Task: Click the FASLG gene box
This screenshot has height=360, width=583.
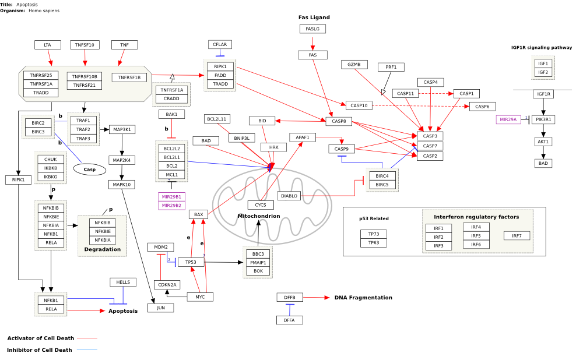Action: [x=312, y=29]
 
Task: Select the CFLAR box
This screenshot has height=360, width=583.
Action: [x=220, y=44]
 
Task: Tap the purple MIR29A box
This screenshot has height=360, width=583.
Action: [x=508, y=119]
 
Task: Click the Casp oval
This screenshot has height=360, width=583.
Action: [x=90, y=170]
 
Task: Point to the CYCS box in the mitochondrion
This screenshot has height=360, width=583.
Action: [x=261, y=205]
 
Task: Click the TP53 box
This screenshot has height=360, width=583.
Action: [x=191, y=262]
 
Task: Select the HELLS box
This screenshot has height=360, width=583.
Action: [x=123, y=282]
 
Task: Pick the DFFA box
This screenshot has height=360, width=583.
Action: [x=289, y=320]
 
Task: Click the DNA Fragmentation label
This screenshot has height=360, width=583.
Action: [x=363, y=298]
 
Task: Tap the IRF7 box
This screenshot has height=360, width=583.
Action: [x=517, y=235]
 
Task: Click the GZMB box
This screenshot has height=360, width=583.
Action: [x=354, y=64]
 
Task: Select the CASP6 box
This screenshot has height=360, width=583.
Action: [x=483, y=106]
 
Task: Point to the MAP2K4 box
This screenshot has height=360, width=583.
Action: [x=122, y=160]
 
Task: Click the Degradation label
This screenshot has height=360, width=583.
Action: [x=102, y=249]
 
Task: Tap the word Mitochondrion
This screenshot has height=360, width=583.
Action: [x=258, y=216]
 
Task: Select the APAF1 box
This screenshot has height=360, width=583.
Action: [x=302, y=137]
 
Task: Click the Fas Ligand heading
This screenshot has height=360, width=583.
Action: [x=314, y=17]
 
